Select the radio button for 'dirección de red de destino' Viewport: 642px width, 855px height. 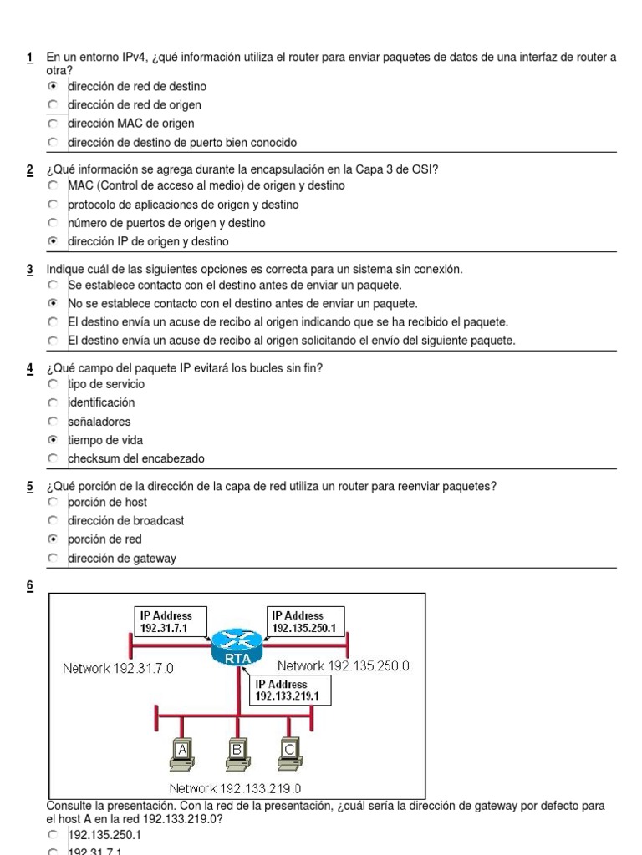53,86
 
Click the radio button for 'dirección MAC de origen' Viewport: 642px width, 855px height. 53,124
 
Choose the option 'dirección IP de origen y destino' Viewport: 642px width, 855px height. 53,241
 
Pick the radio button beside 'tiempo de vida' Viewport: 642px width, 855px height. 53,440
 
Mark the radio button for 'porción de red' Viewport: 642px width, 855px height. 53,539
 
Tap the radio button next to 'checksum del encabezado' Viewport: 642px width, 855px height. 53,458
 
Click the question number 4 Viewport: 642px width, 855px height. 30,368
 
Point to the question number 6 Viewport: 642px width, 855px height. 30,586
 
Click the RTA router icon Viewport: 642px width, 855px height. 237,648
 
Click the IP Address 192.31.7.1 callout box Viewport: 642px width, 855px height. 170,621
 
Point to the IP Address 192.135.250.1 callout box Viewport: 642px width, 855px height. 306,621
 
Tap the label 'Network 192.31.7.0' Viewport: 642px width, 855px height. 118,669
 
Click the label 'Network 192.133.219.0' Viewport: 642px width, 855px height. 235,788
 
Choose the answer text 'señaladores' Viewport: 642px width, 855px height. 99,422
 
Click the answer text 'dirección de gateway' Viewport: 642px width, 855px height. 122,559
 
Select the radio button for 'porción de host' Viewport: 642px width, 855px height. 53,502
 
